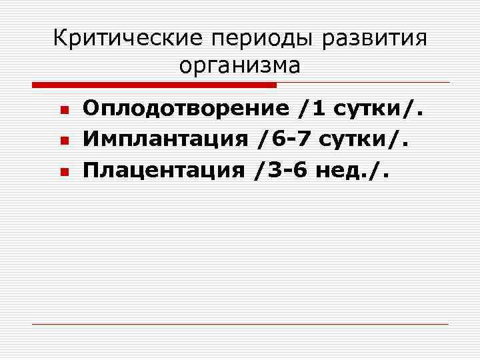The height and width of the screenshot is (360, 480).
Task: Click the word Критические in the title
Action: (x=127, y=38)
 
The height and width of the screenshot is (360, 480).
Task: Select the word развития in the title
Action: (x=374, y=39)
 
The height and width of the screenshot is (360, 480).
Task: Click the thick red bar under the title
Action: (x=154, y=85)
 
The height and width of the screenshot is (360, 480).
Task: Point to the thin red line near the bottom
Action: (x=240, y=324)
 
